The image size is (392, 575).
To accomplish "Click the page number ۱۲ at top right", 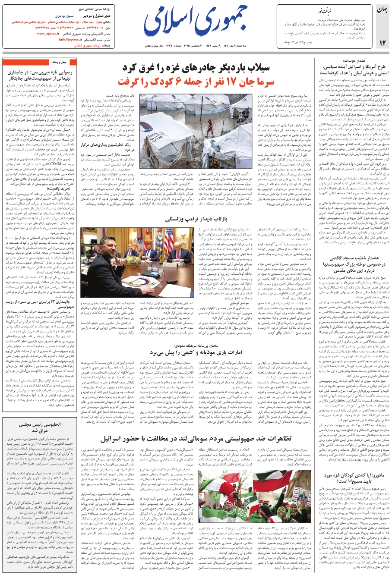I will (382, 43).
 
